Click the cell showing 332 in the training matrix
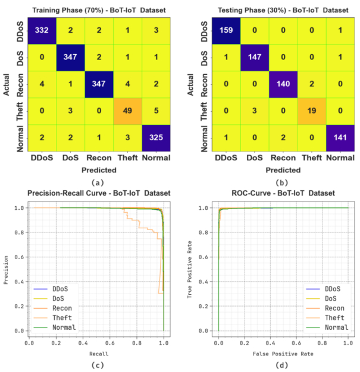click(40, 29)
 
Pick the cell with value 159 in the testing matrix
click(228, 29)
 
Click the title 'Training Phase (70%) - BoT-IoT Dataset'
click(99, 10)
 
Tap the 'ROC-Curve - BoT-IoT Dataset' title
click(283, 194)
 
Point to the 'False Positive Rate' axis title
click(283, 355)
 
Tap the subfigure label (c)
click(96, 365)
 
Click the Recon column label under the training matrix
click(99, 158)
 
